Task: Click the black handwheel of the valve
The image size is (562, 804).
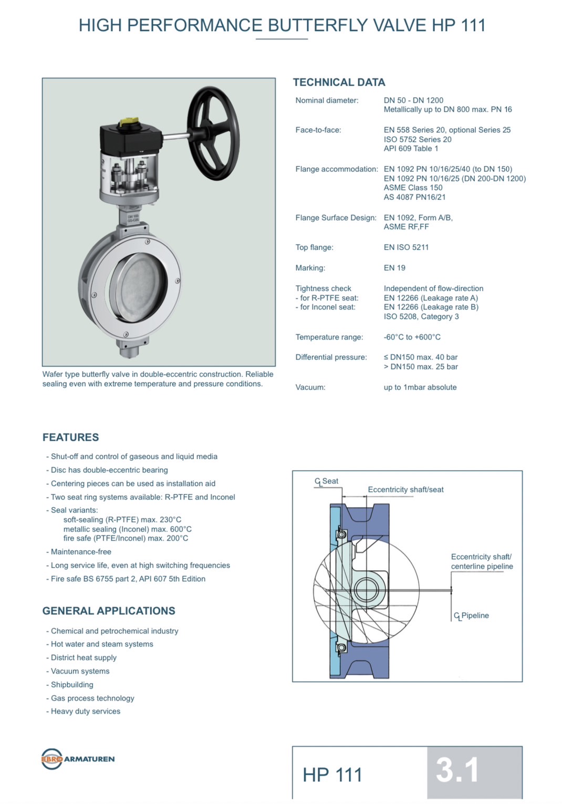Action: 213,134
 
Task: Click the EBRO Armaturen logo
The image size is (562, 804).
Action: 78,759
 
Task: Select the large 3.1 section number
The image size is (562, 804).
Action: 457,770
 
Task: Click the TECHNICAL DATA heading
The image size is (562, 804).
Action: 339,83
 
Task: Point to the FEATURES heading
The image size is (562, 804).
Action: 70,437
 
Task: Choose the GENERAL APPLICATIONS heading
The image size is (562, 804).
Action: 109,611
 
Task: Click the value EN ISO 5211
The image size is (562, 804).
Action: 406,248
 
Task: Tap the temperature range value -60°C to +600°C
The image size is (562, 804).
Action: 412,337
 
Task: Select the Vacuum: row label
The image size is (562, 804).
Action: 310,387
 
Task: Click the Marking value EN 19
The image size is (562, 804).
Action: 394,268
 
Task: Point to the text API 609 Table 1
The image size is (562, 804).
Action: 411,149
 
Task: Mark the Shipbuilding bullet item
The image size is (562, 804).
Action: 72,685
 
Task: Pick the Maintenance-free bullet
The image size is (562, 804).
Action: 81,552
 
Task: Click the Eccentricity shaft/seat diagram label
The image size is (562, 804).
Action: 405,490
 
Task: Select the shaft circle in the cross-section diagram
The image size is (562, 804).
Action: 366,589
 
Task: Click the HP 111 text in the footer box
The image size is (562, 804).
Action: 332,775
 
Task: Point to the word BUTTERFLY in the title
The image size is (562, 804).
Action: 318,25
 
